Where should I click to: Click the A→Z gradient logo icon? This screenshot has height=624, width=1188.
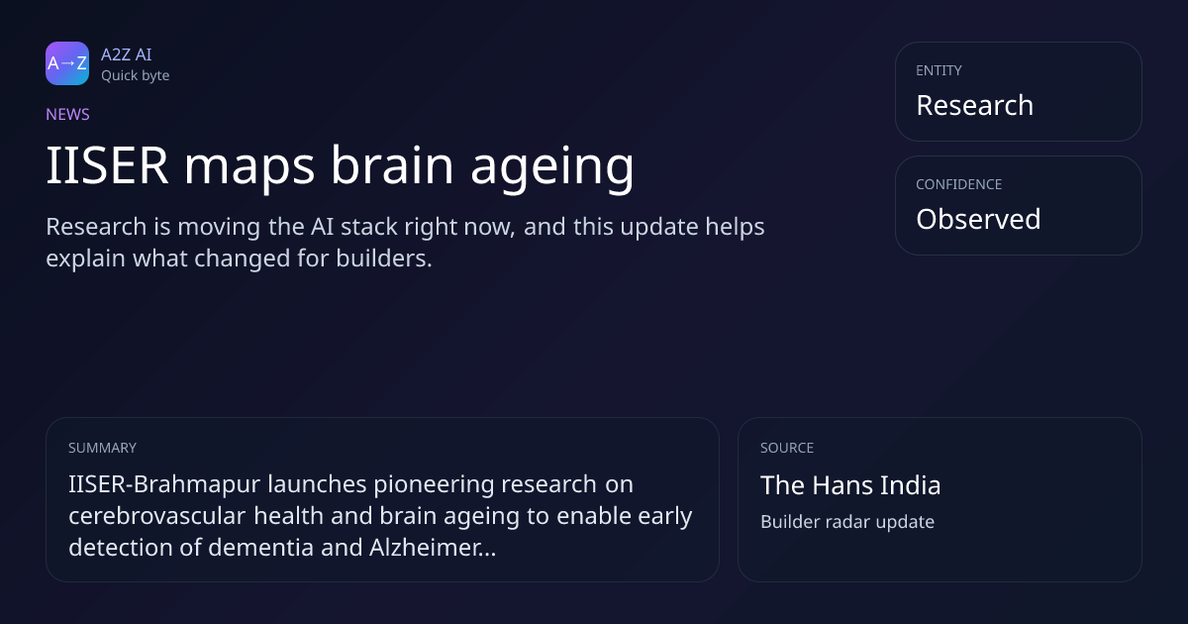click(67, 63)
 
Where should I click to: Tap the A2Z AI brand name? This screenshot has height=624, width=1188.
click(127, 54)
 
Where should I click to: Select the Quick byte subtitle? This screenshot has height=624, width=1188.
click(136, 76)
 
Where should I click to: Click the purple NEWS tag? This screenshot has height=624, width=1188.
click(67, 114)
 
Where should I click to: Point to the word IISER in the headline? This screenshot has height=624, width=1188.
click(107, 165)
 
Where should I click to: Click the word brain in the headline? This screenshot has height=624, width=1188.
click(392, 164)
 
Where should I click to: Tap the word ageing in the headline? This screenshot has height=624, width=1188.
click(552, 168)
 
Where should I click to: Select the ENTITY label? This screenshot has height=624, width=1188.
click(939, 70)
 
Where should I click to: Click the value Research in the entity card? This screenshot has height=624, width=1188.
click(975, 105)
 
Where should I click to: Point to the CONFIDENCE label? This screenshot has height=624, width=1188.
click(959, 184)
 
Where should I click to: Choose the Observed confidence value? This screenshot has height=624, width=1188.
click(978, 219)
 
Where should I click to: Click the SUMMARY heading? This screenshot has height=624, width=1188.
click(102, 448)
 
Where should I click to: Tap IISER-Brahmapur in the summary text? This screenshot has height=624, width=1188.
click(164, 484)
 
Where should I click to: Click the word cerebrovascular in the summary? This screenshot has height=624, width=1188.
click(157, 516)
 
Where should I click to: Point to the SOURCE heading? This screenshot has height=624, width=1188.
click(787, 448)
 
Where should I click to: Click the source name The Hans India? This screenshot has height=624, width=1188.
click(850, 485)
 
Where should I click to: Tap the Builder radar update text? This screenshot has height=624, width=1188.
click(847, 522)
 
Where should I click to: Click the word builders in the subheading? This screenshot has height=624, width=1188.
click(384, 259)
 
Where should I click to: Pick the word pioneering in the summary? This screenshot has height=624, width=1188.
click(434, 485)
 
